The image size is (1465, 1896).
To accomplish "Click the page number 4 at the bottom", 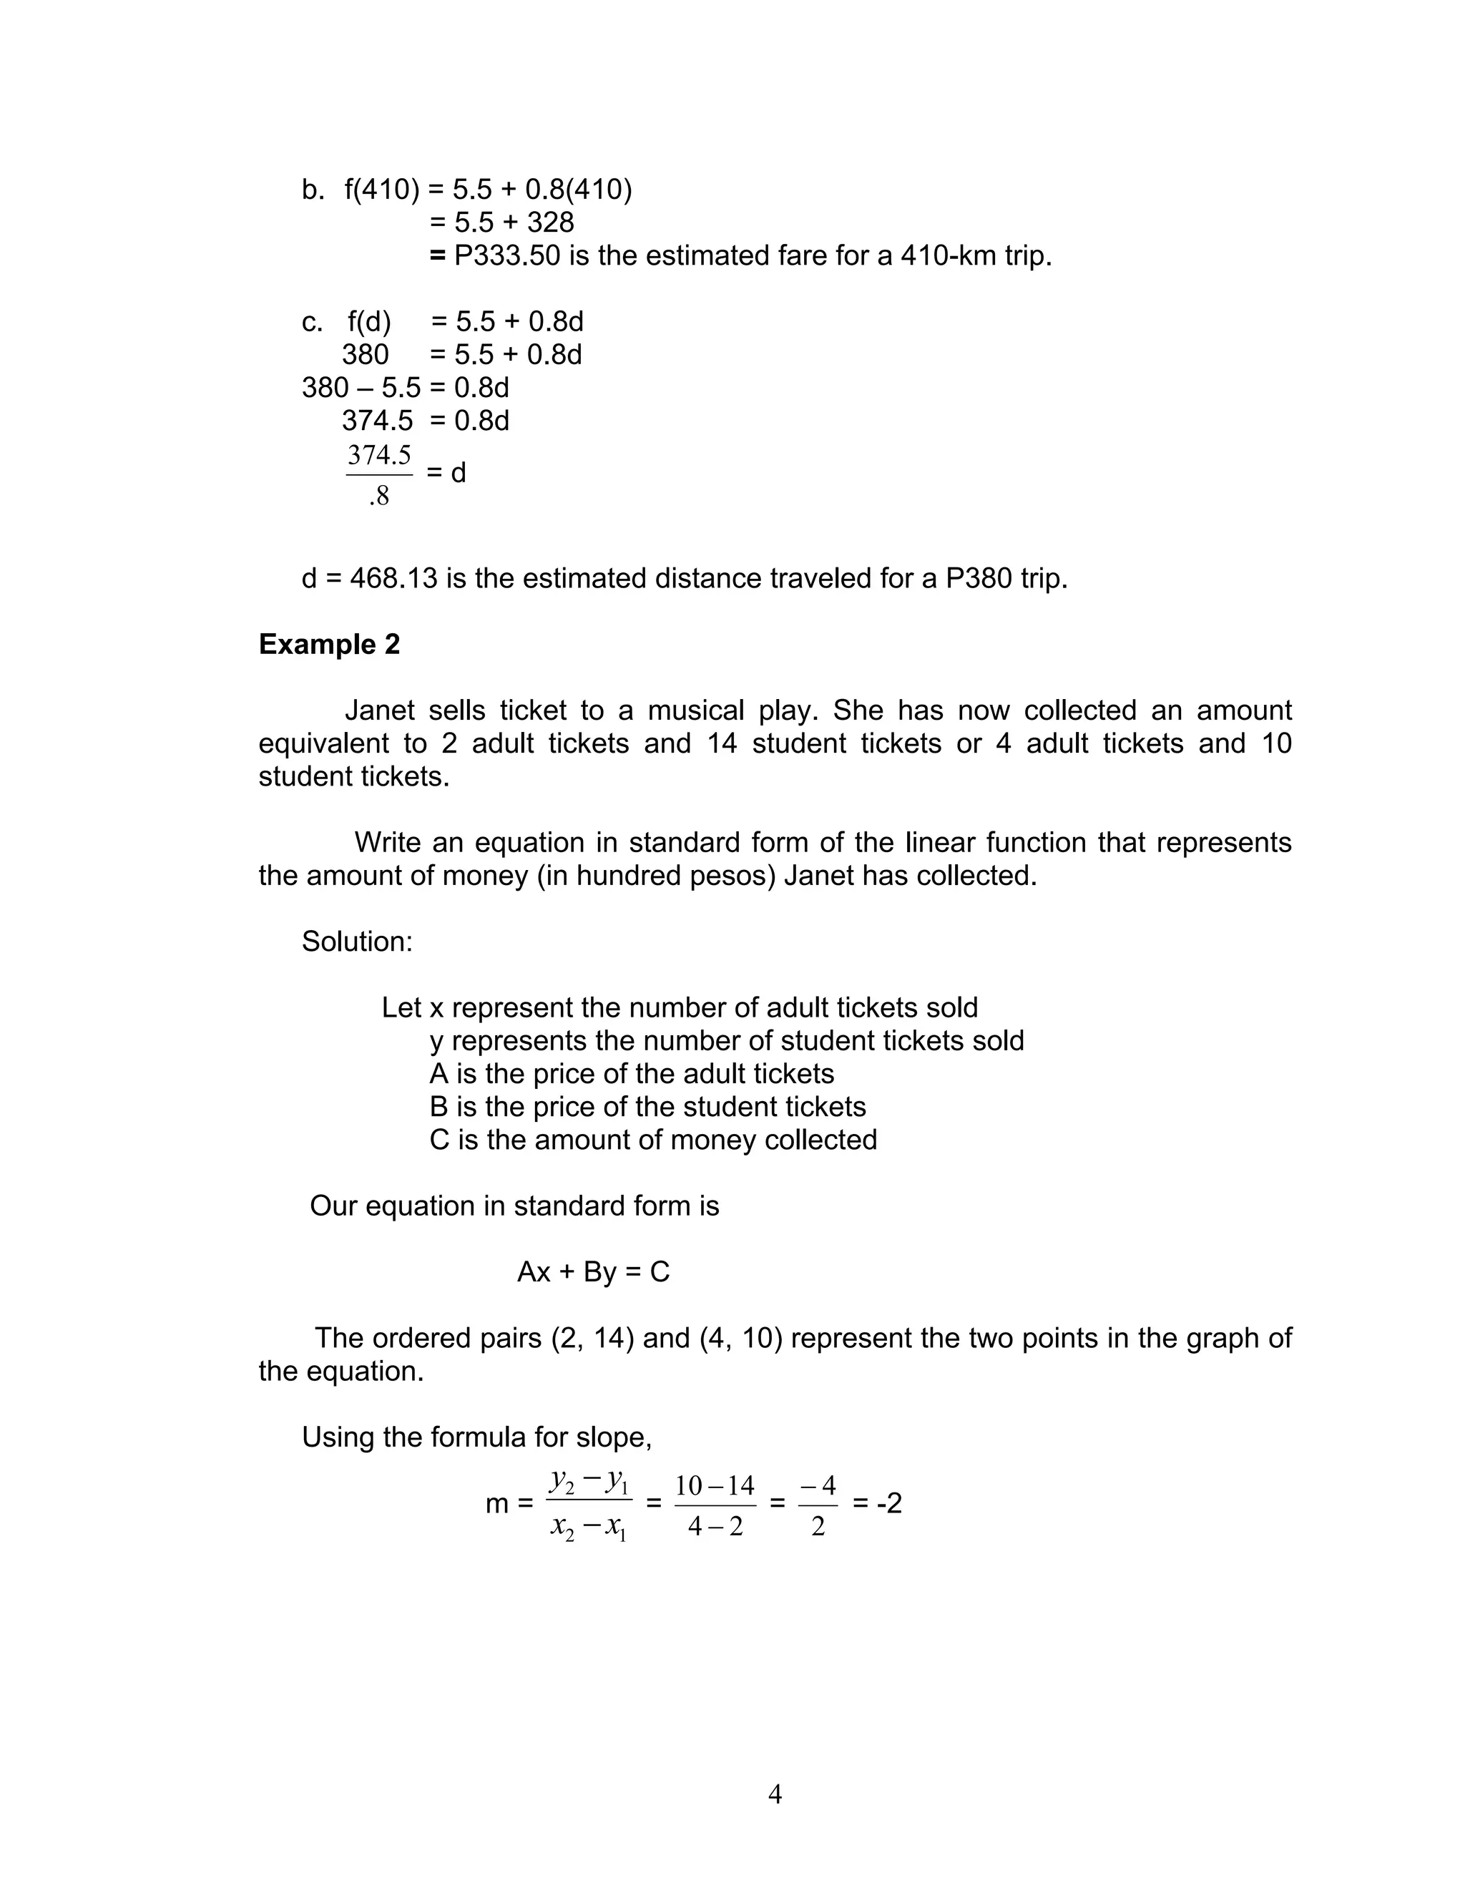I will [x=775, y=1794].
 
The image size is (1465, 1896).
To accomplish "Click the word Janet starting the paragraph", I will [x=379, y=710].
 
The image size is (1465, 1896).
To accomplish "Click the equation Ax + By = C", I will [x=593, y=1272].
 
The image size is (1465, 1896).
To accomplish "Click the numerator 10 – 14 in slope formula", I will [x=715, y=1485].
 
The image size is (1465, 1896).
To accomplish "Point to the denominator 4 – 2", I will [x=715, y=1526].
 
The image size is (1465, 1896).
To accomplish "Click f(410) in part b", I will [x=382, y=190].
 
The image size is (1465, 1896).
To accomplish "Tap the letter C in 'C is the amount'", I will [x=439, y=1140].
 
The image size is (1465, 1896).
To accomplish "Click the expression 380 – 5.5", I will [x=361, y=387].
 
